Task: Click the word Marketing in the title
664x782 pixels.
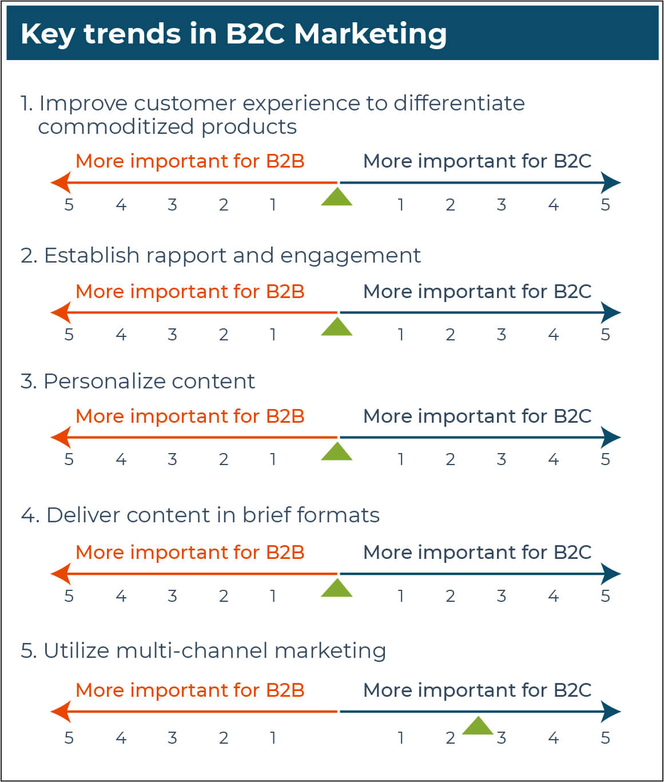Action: click(371, 35)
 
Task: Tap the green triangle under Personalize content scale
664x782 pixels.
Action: click(336, 452)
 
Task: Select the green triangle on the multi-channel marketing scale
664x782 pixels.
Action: click(478, 726)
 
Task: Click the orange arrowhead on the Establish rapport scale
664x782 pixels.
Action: click(61, 312)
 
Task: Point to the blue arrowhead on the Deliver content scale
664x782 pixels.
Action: click(611, 574)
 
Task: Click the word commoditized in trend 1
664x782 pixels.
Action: click(117, 127)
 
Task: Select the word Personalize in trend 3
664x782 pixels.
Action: click(105, 381)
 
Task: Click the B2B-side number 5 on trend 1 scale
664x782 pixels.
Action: click(69, 205)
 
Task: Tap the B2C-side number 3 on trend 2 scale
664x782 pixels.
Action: click(502, 335)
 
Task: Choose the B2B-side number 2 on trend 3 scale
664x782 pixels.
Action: click(224, 459)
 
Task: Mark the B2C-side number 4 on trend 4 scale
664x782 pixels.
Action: click(554, 596)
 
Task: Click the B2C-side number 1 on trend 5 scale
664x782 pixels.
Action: click(401, 737)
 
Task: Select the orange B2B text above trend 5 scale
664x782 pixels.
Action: click(190, 690)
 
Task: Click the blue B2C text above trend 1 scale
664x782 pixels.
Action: click(477, 161)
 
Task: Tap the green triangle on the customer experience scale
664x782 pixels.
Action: click(336, 197)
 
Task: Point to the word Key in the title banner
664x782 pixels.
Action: click(48, 35)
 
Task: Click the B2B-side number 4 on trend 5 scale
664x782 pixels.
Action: click(121, 737)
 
